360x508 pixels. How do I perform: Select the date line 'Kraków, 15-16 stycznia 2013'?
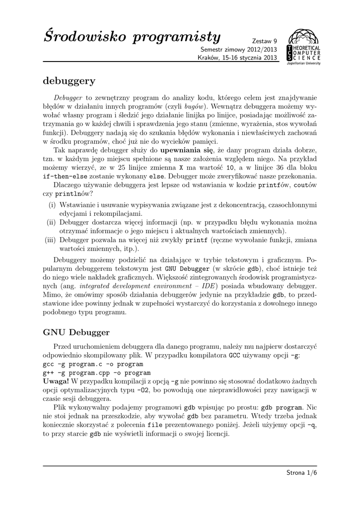coord(237,58)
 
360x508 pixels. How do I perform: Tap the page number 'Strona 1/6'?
coord(301,472)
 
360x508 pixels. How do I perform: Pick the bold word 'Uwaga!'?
coord(56,381)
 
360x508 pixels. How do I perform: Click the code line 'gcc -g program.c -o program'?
coord(86,364)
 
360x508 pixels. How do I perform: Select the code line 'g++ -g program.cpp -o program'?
coord(89,372)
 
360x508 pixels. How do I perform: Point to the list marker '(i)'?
coord(51,205)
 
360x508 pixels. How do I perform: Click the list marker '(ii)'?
coord(50,222)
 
